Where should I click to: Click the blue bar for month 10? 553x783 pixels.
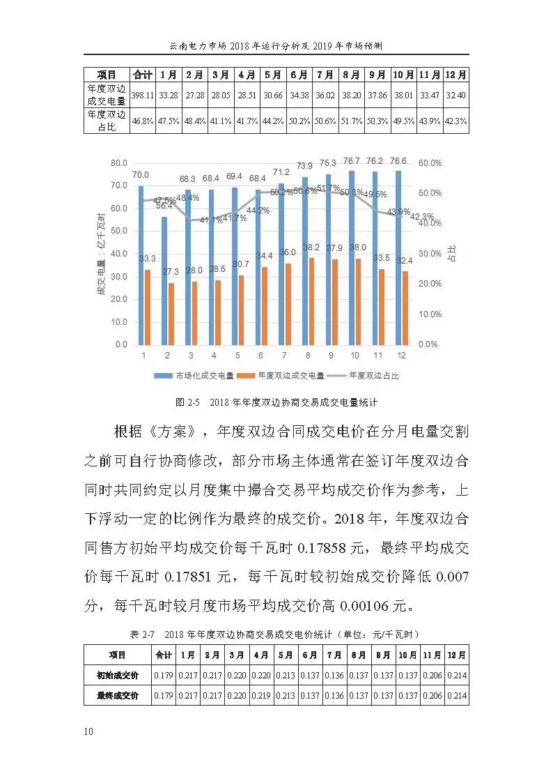click(351, 257)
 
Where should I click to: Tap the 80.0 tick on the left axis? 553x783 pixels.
click(119, 163)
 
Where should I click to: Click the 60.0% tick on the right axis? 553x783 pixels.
click(430, 163)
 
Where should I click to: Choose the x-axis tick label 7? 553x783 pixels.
click(286, 356)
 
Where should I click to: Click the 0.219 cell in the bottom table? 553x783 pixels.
click(261, 695)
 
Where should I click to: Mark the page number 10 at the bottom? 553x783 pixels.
click(88, 731)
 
